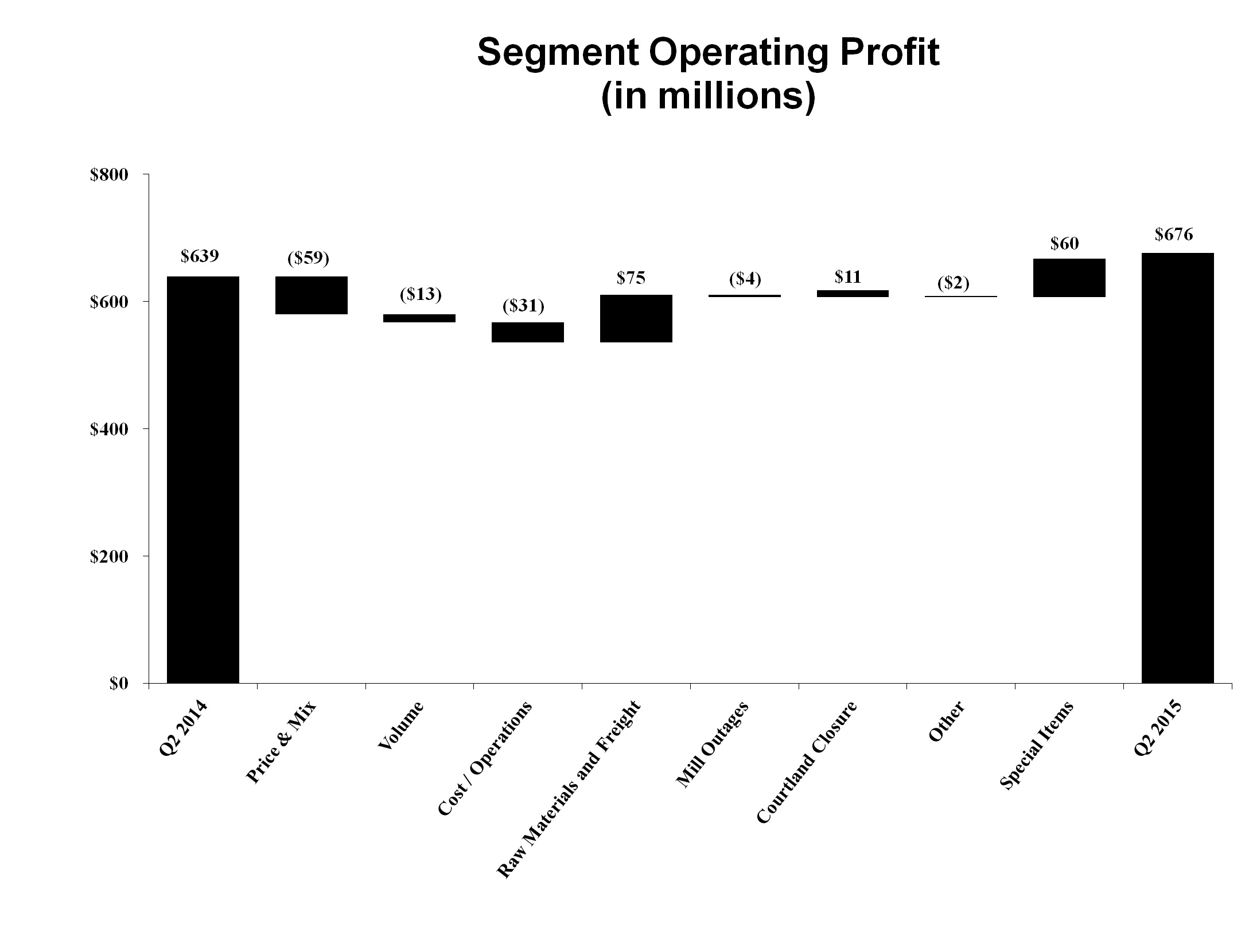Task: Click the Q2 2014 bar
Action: (203, 479)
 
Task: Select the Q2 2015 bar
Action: (1177, 468)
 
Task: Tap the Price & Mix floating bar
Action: (311, 295)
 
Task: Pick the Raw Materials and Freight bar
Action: (636, 318)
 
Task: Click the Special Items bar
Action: (1069, 278)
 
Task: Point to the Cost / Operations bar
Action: (527, 332)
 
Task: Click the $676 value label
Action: (1174, 235)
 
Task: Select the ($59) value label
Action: (308, 259)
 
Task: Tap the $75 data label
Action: (631, 278)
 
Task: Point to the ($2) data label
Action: (953, 283)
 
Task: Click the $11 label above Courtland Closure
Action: (847, 277)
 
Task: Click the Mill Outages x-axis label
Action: (712, 744)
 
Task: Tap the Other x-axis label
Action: (946, 721)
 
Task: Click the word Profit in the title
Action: (879, 53)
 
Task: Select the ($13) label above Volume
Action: (421, 294)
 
